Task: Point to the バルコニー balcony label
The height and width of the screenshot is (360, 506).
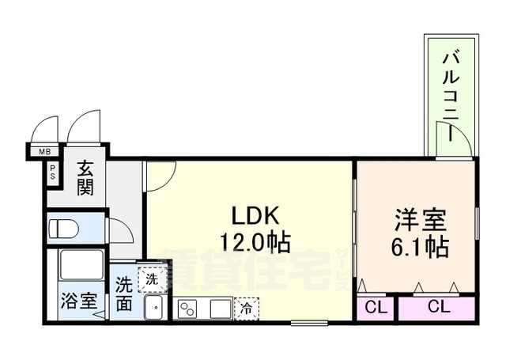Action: tap(451, 96)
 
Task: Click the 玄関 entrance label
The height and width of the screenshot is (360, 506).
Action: tap(85, 178)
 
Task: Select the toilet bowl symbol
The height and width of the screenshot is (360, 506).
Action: tap(62, 228)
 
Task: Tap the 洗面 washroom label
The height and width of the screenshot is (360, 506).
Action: tap(125, 294)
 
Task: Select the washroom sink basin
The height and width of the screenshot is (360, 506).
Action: tap(155, 306)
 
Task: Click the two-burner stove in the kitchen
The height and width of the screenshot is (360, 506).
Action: tap(190, 309)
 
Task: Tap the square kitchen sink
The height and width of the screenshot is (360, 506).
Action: tap(221, 308)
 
